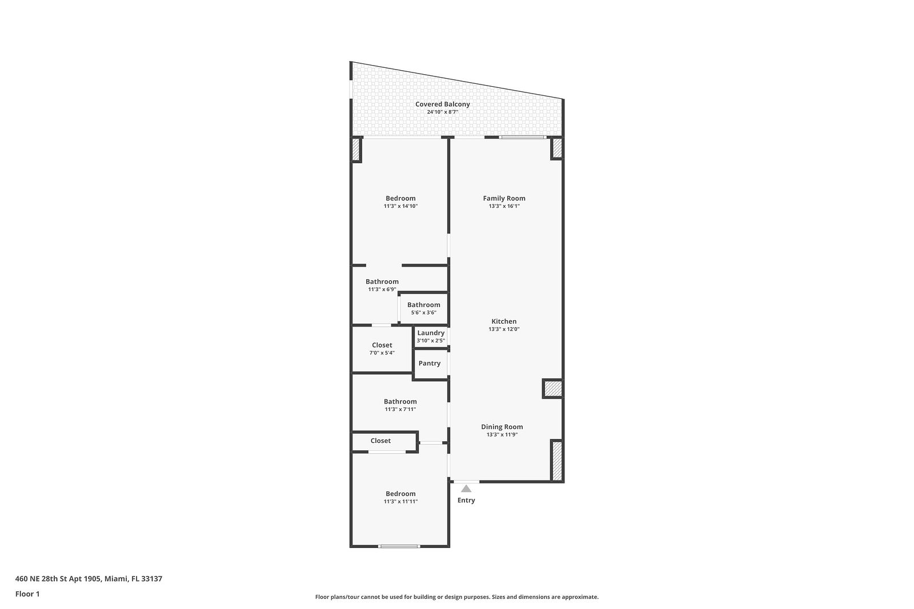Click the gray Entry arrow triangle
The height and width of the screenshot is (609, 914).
pyautogui.click(x=466, y=489)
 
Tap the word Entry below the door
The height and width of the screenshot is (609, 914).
pyautogui.click(x=466, y=500)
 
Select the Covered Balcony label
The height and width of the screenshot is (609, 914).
pyautogui.click(x=443, y=104)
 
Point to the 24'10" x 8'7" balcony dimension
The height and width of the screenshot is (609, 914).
pyautogui.click(x=443, y=112)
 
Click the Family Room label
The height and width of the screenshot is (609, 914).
pyautogui.click(x=504, y=199)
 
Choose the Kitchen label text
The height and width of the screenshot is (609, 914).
pyautogui.click(x=504, y=321)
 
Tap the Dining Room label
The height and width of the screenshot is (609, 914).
pyautogui.click(x=502, y=427)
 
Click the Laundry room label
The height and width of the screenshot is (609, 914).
pyautogui.click(x=431, y=333)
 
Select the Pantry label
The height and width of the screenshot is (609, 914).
pyautogui.click(x=430, y=363)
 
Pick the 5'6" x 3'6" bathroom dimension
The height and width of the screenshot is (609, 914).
pyautogui.click(x=423, y=313)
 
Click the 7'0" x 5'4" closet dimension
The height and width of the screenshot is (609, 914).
pyautogui.click(x=382, y=353)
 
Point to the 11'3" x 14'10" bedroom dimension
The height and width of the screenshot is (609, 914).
pyautogui.click(x=400, y=206)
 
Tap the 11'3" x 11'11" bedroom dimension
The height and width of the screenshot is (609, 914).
pyautogui.click(x=400, y=501)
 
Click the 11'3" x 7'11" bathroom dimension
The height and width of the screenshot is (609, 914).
pyautogui.click(x=400, y=409)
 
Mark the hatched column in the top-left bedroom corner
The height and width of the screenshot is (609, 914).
pyautogui.click(x=356, y=150)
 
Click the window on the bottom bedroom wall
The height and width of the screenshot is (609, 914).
pyautogui.click(x=399, y=546)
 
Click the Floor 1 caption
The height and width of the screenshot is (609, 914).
pyautogui.click(x=27, y=594)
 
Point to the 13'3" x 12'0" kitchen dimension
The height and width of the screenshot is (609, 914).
pyautogui.click(x=504, y=329)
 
